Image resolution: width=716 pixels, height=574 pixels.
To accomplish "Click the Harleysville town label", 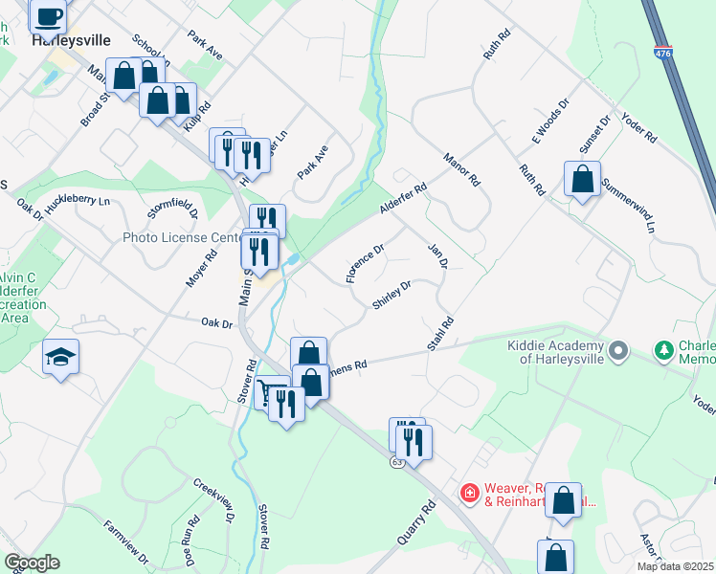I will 71,41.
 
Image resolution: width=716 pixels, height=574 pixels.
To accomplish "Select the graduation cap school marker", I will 60,358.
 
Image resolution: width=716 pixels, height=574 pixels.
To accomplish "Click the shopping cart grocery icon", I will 272,392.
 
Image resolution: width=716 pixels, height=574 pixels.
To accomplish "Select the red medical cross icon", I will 470,493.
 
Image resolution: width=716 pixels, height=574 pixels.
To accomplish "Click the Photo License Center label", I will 180,237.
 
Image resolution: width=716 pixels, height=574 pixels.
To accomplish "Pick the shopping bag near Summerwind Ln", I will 582,179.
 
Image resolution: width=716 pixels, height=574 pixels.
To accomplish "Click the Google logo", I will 32,563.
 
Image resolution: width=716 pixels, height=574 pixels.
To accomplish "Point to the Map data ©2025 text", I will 675,566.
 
